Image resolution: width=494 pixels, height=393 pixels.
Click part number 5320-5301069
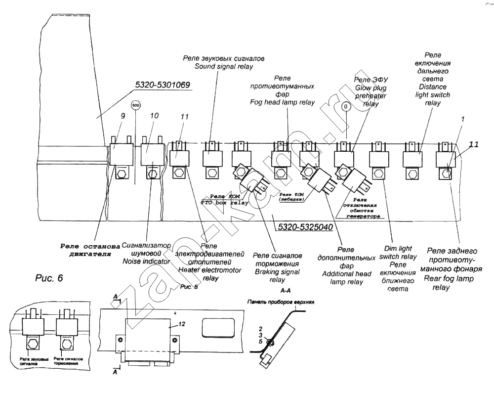click(163, 85)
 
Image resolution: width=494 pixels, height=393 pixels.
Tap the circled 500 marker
click(135, 106)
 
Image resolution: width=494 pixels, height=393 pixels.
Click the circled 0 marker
click(346, 106)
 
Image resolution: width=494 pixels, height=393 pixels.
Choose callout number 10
click(154, 116)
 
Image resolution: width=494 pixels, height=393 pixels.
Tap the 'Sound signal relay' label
click(223, 66)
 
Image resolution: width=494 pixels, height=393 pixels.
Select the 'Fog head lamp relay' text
click(282, 102)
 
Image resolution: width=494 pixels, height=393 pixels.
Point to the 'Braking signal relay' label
click(277, 272)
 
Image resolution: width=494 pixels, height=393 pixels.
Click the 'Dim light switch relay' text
click(398, 257)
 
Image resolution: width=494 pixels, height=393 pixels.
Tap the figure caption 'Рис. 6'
click(49, 278)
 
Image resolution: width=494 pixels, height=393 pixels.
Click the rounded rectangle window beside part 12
click(218, 328)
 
